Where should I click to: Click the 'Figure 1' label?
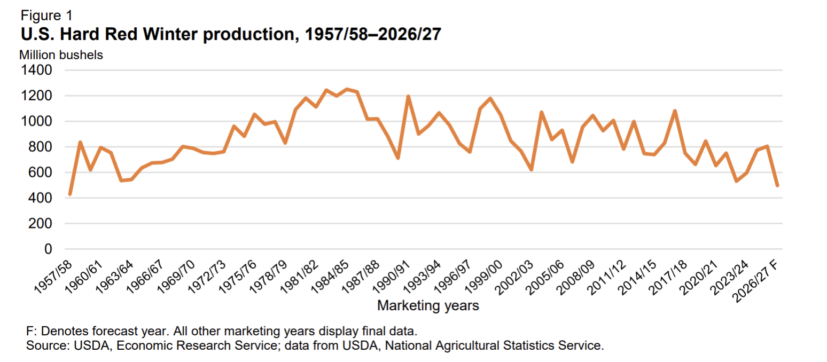pos(46,15)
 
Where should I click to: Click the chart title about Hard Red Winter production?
pos(231,34)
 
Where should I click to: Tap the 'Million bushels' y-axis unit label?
pos(61,55)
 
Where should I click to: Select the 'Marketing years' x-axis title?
pos(428,305)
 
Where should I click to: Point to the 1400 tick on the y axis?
pos(36,70)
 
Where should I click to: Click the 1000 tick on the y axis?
pos(36,121)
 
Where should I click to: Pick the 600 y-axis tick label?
pos(40,172)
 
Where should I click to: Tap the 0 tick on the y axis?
pos(48,249)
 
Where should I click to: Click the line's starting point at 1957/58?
pos(70,194)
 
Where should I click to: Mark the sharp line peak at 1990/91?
pos(408,96)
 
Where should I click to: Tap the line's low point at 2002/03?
pos(531,170)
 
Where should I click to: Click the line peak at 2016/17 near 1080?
pos(675,111)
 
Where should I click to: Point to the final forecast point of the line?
pos(777,185)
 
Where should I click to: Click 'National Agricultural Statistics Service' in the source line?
pos(493,345)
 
